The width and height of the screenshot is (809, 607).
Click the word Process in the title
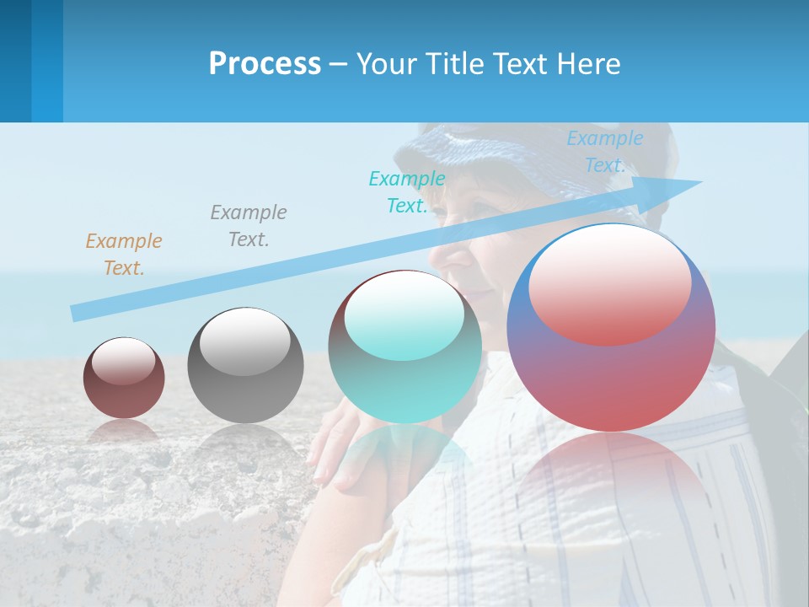[265, 64]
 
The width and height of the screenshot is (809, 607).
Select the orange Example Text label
[123, 254]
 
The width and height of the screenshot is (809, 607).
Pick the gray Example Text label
[249, 225]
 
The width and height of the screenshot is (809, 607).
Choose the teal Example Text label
[407, 191]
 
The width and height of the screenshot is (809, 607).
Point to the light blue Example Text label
[604, 152]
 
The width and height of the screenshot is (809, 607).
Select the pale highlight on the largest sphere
[609, 284]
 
